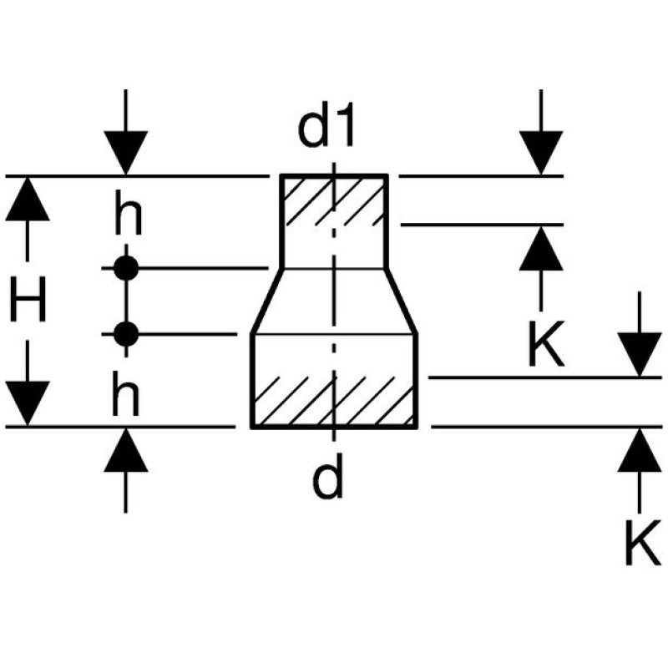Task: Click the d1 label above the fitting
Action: tap(327, 129)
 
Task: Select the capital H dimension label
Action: tap(28, 301)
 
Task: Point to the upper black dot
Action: tap(125, 269)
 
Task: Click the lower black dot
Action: tap(125, 334)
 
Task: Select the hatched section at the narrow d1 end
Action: tap(333, 200)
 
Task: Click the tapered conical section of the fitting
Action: tap(334, 301)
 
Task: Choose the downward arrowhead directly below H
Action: tap(28, 402)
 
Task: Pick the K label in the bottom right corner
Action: tap(641, 543)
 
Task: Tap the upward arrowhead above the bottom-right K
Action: tap(640, 449)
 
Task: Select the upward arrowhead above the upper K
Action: tap(541, 247)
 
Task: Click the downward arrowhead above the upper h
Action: tap(125, 154)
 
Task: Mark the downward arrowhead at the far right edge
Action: tap(640, 355)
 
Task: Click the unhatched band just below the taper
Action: tap(334, 356)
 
